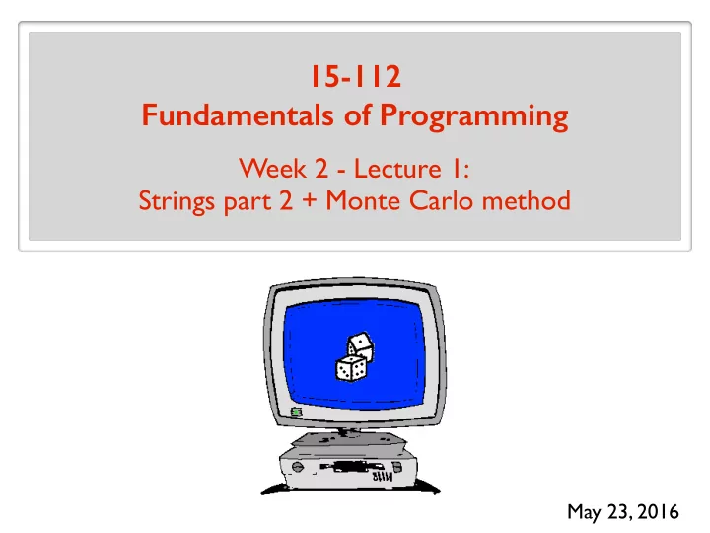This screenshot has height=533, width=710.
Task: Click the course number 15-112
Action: click(x=355, y=76)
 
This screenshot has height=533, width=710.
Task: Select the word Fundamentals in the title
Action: click(x=238, y=115)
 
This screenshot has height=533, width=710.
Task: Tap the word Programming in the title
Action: click(x=473, y=116)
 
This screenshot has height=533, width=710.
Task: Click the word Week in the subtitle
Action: click(x=272, y=169)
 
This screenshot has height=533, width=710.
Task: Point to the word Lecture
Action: click(x=397, y=169)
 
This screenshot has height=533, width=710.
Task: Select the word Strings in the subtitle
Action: click(x=177, y=201)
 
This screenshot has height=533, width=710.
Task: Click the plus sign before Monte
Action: click(x=310, y=200)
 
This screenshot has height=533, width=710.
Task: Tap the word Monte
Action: click(x=363, y=200)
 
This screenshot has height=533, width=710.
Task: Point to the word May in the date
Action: click(x=584, y=512)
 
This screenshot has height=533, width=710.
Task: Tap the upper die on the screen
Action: click(x=361, y=346)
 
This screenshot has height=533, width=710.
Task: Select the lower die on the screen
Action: click(x=351, y=368)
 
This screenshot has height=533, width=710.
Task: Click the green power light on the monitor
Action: click(x=296, y=412)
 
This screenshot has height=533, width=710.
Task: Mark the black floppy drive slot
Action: click(x=352, y=466)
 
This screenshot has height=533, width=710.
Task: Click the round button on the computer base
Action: click(x=298, y=466)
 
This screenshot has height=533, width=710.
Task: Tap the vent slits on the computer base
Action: click(x=383, y=477)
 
